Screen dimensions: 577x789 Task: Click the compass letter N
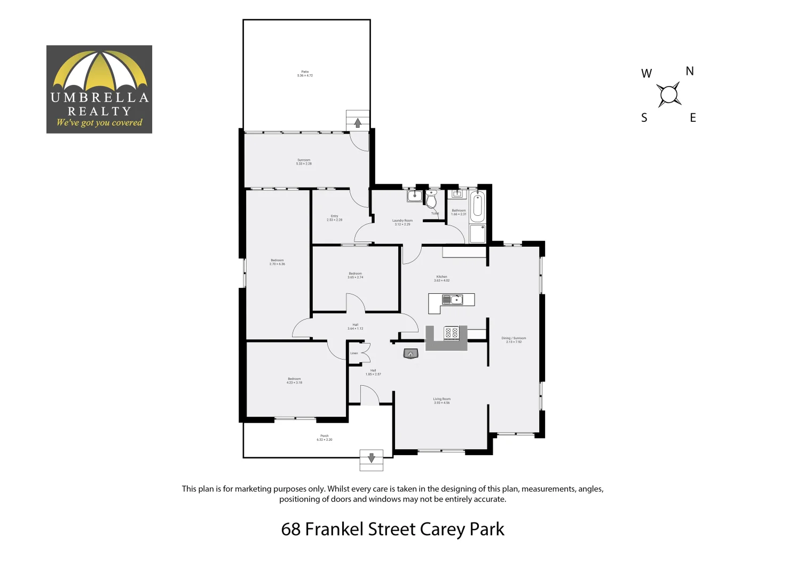pos(690,71)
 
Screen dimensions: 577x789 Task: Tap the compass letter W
pos(646,74)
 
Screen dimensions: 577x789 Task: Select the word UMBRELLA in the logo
pos(99,97)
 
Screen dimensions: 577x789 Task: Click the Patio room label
pos(305,72)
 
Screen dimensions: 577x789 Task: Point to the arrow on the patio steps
pos(358,123)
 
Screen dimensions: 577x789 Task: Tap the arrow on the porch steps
pos(372,457)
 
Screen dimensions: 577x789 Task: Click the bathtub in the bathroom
pos(477,207)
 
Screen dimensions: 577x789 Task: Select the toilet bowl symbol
pos(431,200)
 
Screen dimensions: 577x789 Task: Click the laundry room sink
pos(415,197)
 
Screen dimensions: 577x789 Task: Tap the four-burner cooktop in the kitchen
pos(452,333)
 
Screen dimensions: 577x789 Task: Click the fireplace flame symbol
pos(410,354)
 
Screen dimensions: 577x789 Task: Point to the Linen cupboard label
pos(354,353)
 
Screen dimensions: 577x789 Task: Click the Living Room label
pos(442,399)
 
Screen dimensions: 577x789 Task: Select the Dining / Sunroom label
pos(514,338)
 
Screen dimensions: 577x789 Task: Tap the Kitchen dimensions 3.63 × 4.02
pos(442,280)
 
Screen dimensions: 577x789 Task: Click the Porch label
pos(325,436)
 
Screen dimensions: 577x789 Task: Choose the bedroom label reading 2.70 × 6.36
pos(278,264)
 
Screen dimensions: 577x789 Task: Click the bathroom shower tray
pos(477,233)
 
